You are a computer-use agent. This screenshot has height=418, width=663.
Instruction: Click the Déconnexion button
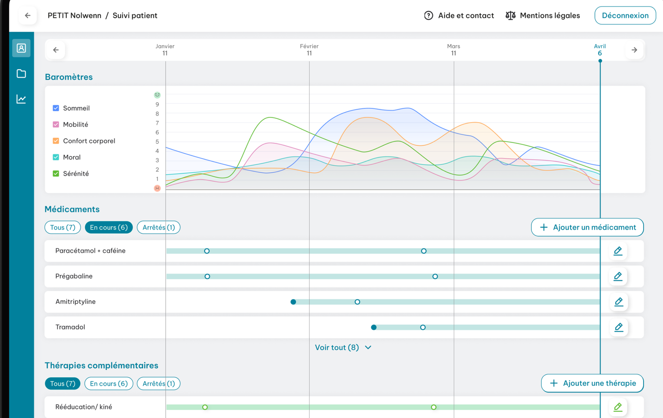click(x=625, y=15)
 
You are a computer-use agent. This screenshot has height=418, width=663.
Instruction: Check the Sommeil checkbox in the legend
click(x=56, y=108)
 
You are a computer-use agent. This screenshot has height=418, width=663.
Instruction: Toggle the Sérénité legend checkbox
click(x=56, y=173)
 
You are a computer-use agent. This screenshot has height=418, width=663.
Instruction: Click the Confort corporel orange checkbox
click(x=56, y=141)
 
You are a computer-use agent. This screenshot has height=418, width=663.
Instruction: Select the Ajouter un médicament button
click(x=587, y=227)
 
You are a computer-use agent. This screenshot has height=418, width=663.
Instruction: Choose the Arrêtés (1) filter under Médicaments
click(x=159, y=227)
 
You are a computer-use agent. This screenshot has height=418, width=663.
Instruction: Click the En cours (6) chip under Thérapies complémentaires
click(x=108, y=383)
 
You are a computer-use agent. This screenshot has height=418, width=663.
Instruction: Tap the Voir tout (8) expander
click(x=343, y=347)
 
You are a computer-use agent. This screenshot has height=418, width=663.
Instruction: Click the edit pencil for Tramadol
click(x=618, y=327)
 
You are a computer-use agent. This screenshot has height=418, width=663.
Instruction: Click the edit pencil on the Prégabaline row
click(x=618, y=276)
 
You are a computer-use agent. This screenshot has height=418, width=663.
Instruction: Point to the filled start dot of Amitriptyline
click(x=293, y=302)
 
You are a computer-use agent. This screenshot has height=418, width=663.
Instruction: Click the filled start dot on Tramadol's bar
click(x=374, y=327)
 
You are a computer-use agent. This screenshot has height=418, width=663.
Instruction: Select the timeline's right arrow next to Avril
click(x=634, y=50)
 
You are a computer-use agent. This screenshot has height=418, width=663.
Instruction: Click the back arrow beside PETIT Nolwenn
click(x=27, y=15)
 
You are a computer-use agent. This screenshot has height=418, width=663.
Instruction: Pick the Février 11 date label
click(x=309, y=50)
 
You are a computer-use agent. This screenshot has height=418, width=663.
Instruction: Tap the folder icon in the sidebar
click(x=21, y=73)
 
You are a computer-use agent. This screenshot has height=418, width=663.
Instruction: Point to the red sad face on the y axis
click(x=157, y=188)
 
